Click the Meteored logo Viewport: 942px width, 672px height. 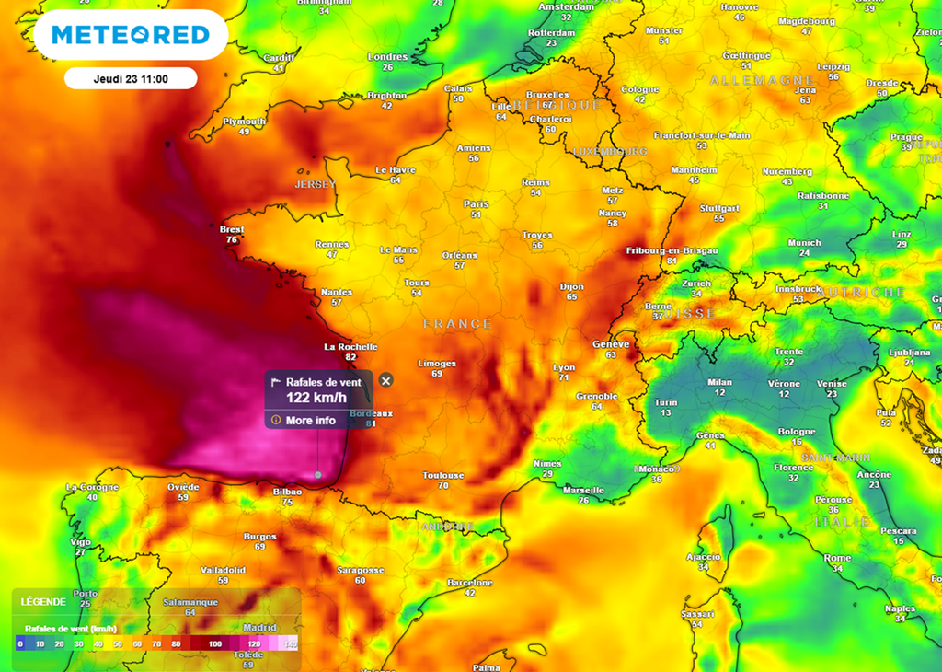pos(131,35)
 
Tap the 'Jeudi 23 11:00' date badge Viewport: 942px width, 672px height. pos(131,78)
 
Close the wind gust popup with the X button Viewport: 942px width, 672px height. pos(386,380)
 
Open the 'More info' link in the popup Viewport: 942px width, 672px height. pos(311,420)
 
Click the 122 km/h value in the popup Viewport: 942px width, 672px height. pos(316,398)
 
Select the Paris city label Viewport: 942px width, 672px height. pos(476,203)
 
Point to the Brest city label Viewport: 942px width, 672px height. pos(232,229)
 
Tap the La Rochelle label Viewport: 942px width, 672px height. pos(350,347)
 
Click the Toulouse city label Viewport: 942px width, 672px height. pos(442,475)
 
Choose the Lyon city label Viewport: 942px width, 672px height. pos(564,367)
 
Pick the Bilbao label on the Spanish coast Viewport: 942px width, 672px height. pos(287,492)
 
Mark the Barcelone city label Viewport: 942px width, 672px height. pos(469,583)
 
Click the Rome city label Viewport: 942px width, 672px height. pos(837,558)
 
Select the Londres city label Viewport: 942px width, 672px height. pos(387,57)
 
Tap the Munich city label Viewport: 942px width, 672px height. pos(804,243)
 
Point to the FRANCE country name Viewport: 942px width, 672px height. pos(458,324)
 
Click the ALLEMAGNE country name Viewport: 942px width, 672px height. pos(763,81)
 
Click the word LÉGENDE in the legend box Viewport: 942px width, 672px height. pos(43,601)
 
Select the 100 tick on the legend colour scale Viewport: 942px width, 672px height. pos(214,643)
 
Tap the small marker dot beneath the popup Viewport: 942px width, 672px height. pos(317,475)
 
